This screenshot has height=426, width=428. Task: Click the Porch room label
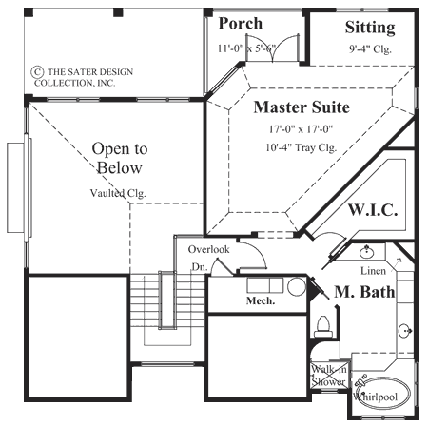[x=241, y=23]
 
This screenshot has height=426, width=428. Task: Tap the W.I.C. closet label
[x=372, y=208]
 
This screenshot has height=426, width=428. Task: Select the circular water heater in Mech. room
[x=296, y=284]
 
